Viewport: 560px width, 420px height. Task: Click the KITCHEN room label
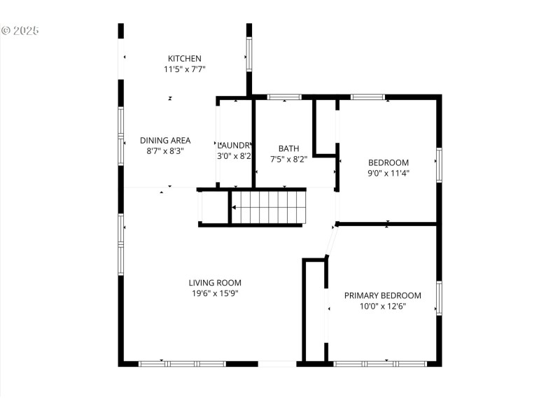[x=184, y=58]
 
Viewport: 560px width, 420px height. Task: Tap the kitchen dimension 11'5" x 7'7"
[x=184, y=69]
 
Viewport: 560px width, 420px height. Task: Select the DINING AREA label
[x=165, y=140]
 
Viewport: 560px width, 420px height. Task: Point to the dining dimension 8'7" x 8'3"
[x=165, y=151]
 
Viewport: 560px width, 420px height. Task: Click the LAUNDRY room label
[x=234, y=145]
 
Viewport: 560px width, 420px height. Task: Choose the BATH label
[x=288, y=148]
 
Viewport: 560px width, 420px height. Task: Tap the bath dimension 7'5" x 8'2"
[x=288, y=159]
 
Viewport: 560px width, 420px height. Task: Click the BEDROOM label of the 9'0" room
[x=388, y=162]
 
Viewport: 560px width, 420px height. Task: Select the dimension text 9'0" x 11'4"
[x=388, y=173]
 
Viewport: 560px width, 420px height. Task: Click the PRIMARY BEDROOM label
[x=382, y=295]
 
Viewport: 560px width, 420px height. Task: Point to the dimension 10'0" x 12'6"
[x=382, y=306]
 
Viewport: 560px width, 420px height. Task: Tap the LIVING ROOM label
[x=215, y=283]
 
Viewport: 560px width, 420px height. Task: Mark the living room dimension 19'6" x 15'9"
[x=215, y=294]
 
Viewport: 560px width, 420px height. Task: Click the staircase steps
[x=269, y=207]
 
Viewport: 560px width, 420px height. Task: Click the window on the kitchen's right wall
[x=248, y=54]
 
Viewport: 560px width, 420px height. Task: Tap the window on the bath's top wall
[x=285, y=97]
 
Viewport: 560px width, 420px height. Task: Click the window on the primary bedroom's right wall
[x=439, y=297]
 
